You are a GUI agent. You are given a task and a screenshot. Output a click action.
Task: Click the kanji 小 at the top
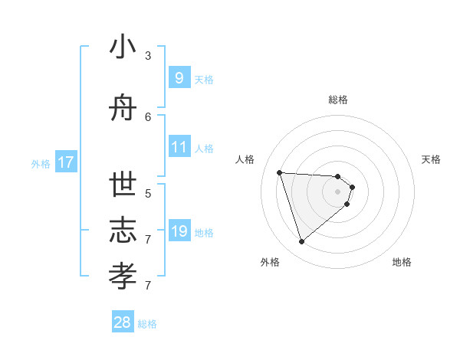(123, 49)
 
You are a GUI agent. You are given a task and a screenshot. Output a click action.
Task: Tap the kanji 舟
(123, 110)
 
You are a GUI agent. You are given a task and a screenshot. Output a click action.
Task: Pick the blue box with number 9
(179, 78)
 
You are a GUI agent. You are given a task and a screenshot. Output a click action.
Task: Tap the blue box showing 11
(179, 147)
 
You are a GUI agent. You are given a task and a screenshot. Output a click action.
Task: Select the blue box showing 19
(179, 231)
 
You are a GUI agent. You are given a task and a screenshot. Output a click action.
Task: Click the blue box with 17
(66, 162)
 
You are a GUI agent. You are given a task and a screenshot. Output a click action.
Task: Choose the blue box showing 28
(123, 322)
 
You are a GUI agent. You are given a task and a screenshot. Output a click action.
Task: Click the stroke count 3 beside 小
(148, 56)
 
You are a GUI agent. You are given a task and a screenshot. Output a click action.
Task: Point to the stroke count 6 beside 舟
(148, 117)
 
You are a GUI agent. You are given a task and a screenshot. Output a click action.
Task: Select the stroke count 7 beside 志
(148, 240)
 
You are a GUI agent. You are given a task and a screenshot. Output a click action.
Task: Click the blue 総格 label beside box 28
(147, 324)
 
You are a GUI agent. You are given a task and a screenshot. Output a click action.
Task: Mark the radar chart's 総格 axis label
(337, 100)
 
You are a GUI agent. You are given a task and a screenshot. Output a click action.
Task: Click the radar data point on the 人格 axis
(279, 172)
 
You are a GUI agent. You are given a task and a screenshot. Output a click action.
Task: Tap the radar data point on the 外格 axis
(301, 242)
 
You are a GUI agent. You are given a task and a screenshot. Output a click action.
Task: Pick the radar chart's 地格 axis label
(402, 262)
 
